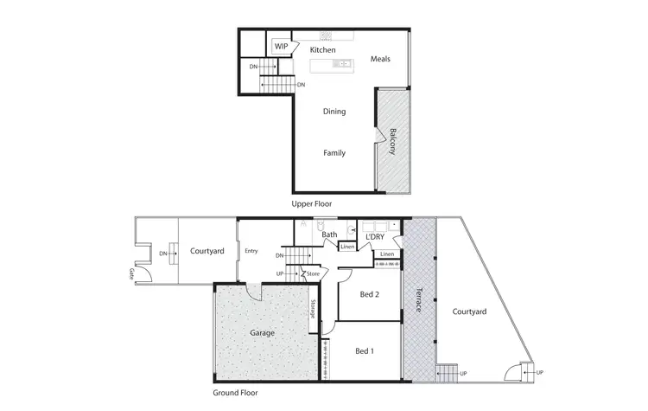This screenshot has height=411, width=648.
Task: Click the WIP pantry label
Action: (x=282, y=47)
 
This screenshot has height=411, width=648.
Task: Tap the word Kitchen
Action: (x=323, y=50)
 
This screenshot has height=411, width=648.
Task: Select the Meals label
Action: (x=380, y=59)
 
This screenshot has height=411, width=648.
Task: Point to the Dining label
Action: (x=334, y=112)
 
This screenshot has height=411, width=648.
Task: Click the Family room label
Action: (x=334, y=153)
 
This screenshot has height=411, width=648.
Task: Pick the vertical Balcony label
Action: (x=393, y=142)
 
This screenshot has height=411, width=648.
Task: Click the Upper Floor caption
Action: (x=312, y=203)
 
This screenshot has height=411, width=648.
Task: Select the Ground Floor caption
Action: (x=238, y=392)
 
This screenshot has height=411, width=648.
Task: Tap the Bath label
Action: (x=329, y=234)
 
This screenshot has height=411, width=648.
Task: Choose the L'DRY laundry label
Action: (x=374, y=236)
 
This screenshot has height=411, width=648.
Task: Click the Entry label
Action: (x=251, y=251)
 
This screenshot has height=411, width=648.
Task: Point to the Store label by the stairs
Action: (x=314, y=275)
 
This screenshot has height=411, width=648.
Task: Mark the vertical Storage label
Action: (x=312, y=310)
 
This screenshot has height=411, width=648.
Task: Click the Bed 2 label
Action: (x=369, y=294)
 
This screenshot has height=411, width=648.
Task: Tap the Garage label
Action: (x=263, y=332)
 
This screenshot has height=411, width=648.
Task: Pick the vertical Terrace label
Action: (x=419, y=299)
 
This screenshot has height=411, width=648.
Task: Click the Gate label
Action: (x=131, y=273)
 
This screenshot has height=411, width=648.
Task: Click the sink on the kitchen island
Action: (x=342, y=63)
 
